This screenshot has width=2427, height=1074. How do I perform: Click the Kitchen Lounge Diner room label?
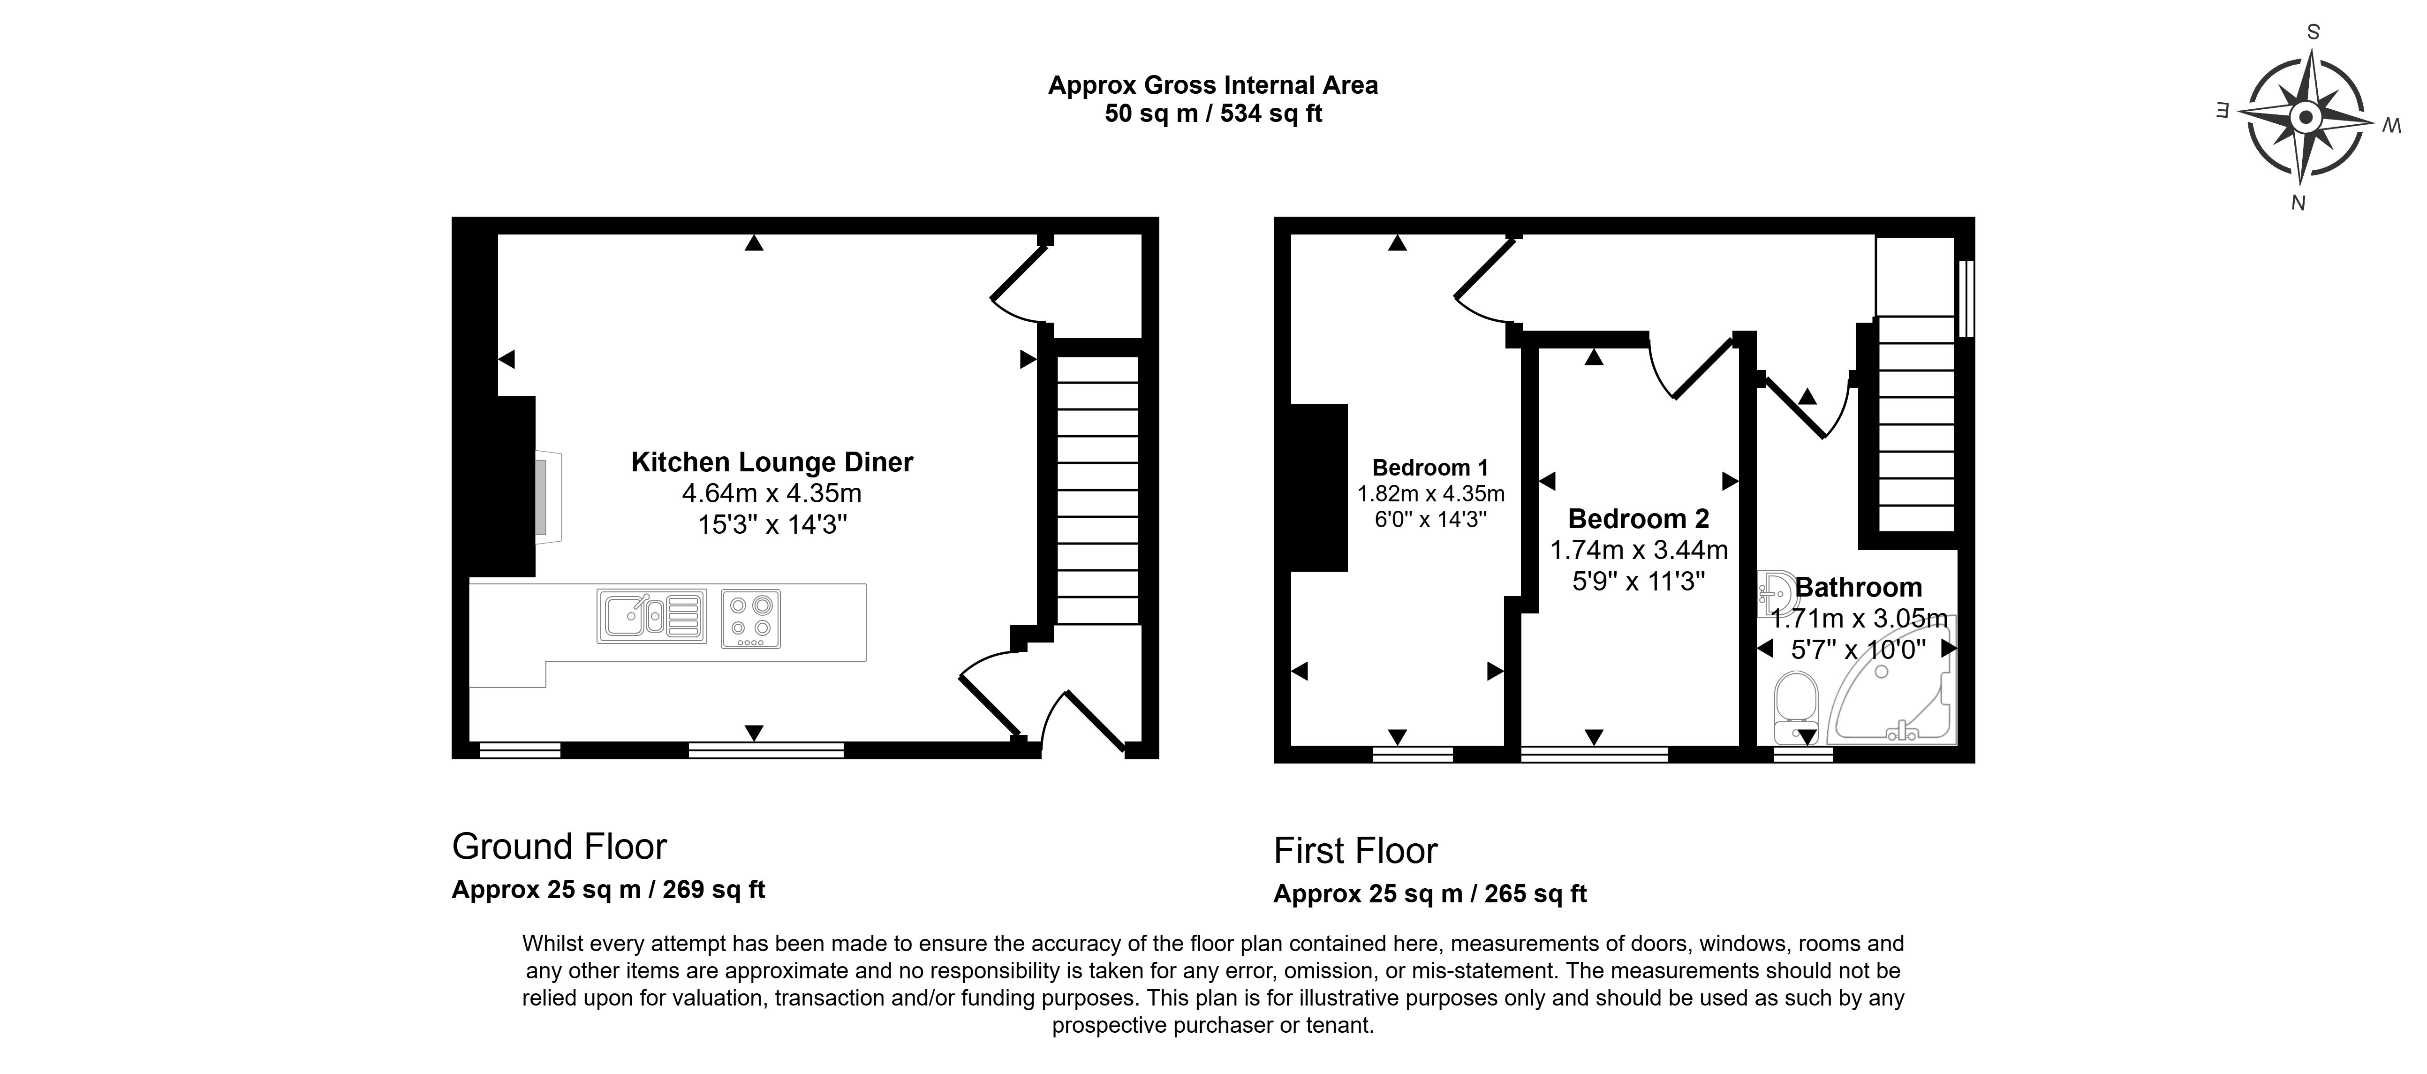[x=771, y=462]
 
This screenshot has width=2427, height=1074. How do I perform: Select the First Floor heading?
[x=1356, y=851]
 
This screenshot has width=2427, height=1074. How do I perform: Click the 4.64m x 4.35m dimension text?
[x=771, y=493]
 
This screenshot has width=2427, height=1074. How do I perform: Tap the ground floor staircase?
[x=1096, y=490]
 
